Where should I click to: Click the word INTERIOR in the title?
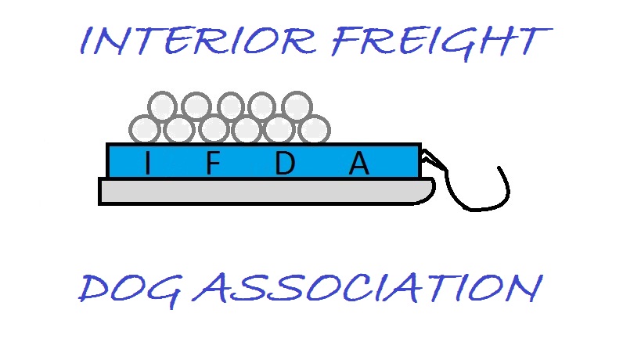click(198, 41)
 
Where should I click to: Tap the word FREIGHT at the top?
click(441, 43)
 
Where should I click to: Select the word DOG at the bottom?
click(130, 290)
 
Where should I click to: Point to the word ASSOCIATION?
click(368, 288)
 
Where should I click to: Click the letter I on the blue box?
click(148, 163)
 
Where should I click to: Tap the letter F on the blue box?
click(213, 163)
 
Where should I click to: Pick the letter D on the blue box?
click(285, 163)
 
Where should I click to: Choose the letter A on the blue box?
click(359, 163)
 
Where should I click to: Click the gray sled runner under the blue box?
click(267, 191)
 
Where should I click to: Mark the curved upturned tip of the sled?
click(429, 190)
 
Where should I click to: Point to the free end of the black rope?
click(499, 167)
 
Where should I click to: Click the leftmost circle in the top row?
click(162, 106)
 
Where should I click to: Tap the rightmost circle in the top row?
click(297, 106)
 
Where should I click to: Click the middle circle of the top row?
click(231, 106)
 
